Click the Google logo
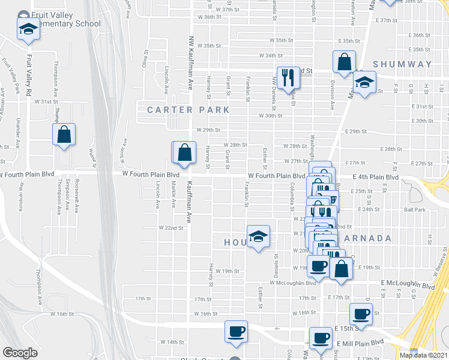(x=20, y=353)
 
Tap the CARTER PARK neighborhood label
(x=188, y=110)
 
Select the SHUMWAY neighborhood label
(x=402, y=64)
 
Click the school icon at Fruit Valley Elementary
(x=27, y=29)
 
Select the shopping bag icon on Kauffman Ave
(x=185, y=154)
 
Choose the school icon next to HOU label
(x=258, y=237)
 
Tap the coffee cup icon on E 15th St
(x=361, y=314)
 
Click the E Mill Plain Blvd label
(x=360, y=343)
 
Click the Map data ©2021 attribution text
(x=423, y=355)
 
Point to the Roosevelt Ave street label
(x=77, y=196)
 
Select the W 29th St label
(x=208, y=130)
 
